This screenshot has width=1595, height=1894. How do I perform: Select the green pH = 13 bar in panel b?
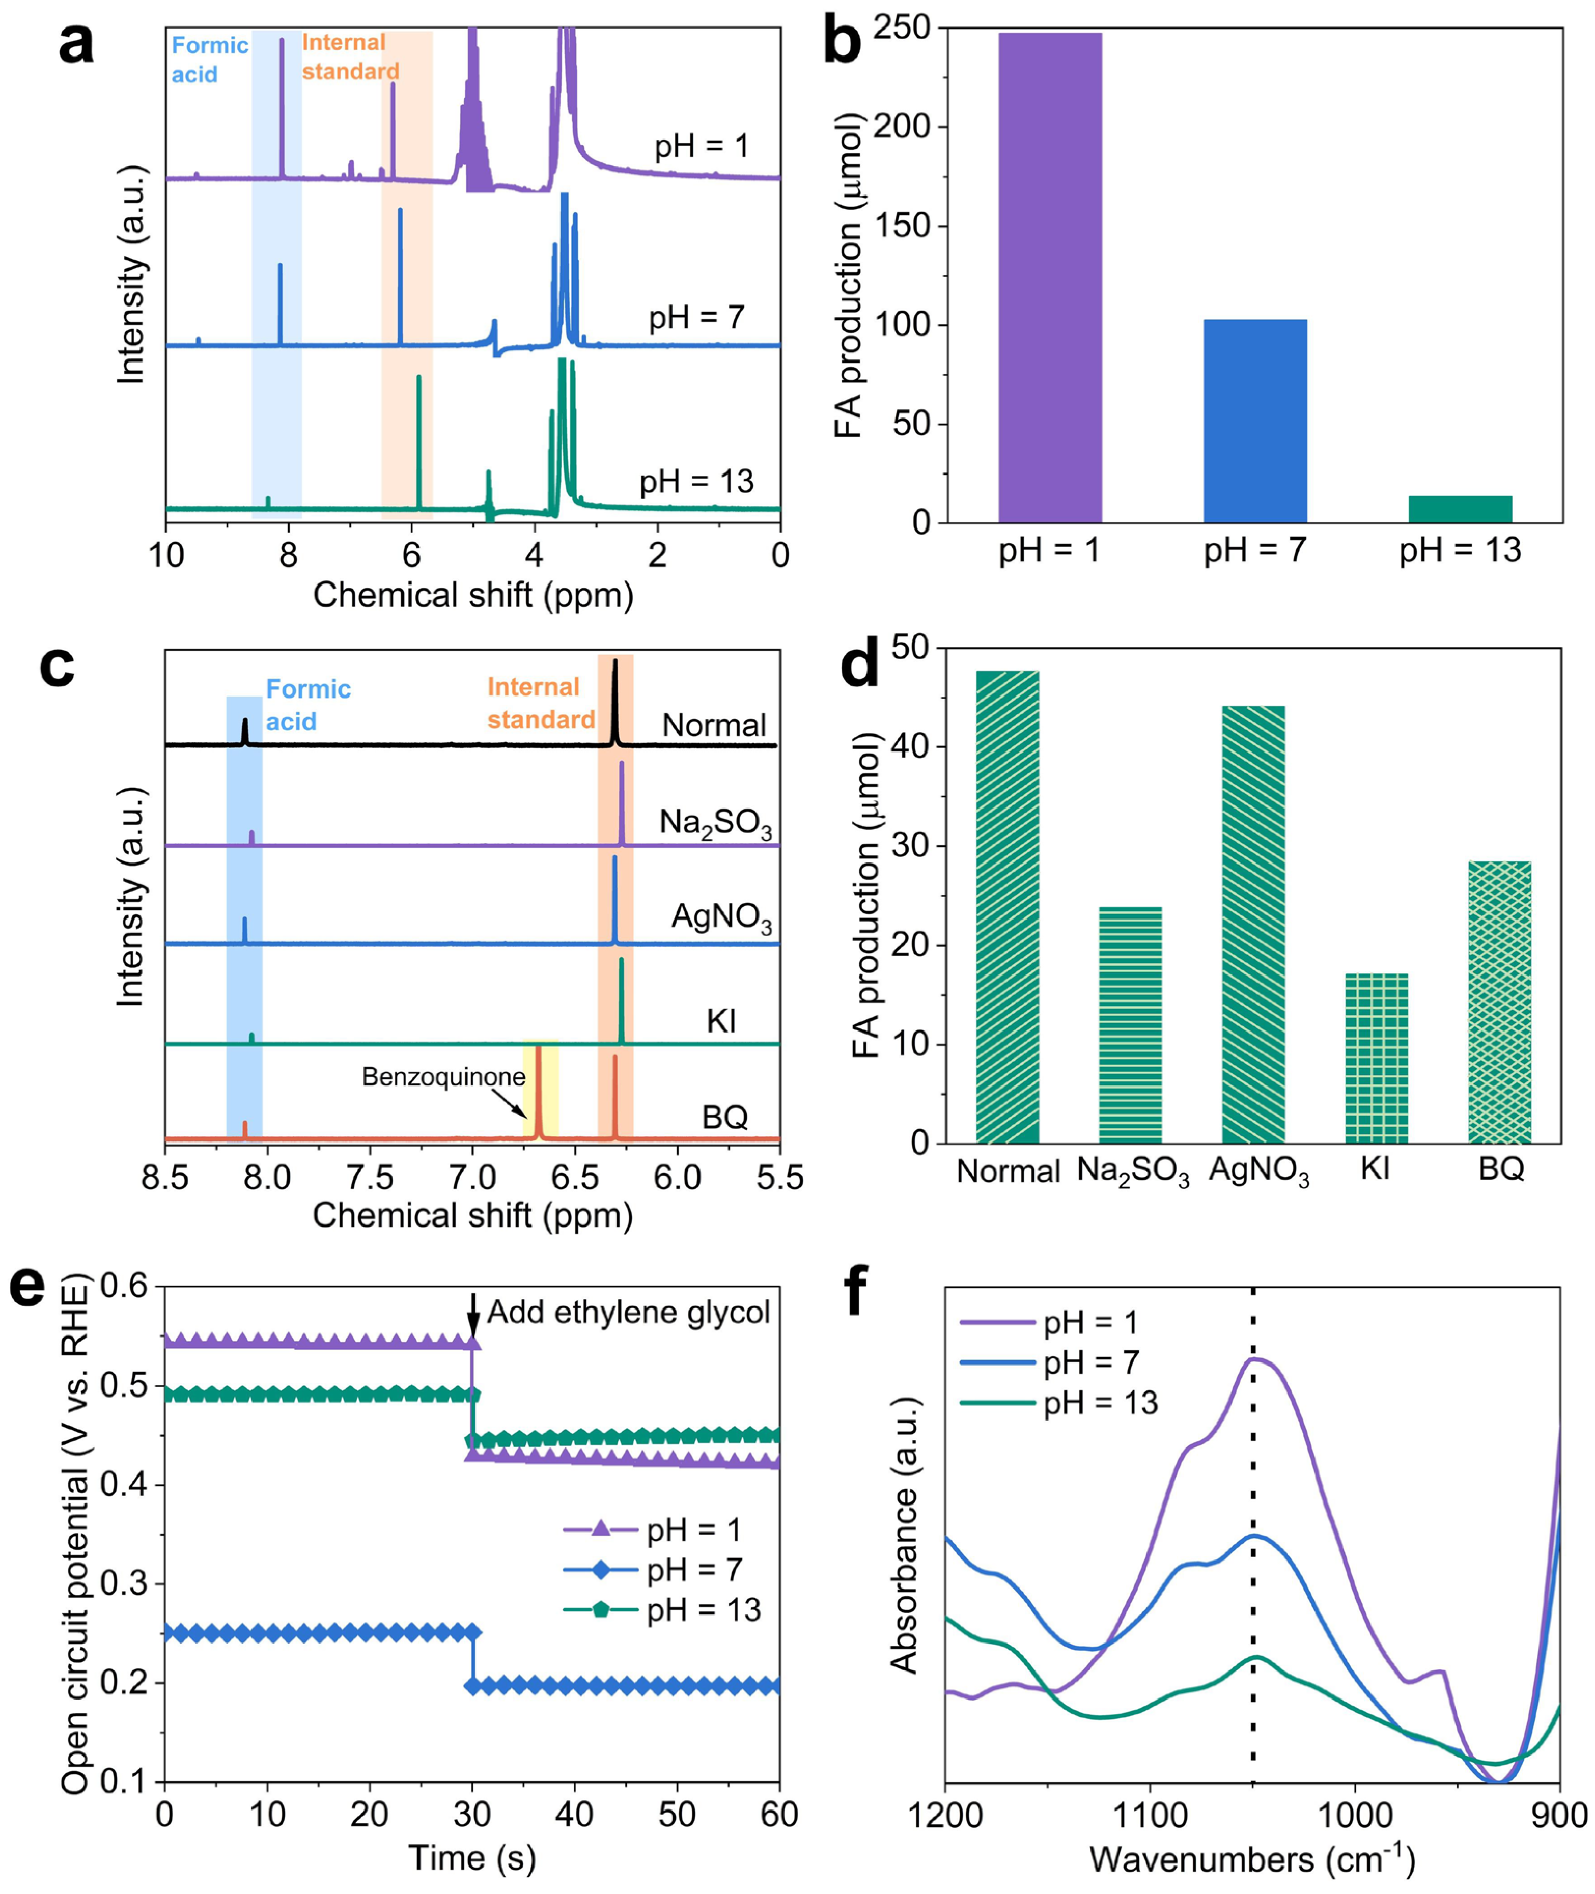point(1460,509)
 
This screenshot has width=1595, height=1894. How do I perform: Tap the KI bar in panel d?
point(1376,1058)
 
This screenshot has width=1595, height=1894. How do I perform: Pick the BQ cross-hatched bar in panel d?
point(1499,1001)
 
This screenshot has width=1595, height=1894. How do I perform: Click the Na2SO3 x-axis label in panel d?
point(1132,1172)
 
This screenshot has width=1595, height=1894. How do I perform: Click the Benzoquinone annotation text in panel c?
point(443,1077)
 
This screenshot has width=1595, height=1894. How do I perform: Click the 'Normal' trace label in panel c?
point(713,725)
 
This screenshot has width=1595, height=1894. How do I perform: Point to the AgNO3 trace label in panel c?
point(721,917)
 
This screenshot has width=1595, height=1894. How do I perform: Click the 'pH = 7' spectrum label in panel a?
point(696,317)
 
